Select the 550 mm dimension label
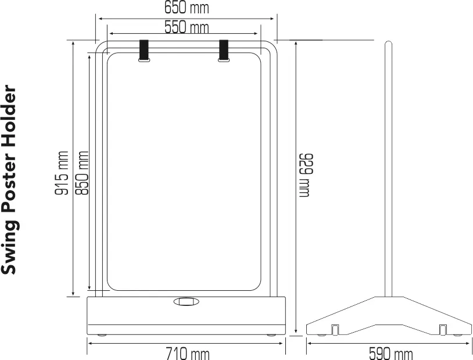click(x=186, y=27)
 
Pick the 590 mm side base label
click(x=390, y=353)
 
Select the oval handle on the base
click(x=186, y=301)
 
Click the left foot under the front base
click(x=102, y=336)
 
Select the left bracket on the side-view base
click(x=335, y=329)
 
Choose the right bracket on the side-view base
click(x=443, y=329)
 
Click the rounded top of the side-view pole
click(x=388, y=44)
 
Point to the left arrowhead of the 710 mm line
click(x=89, y=343)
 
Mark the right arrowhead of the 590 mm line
click(x=470, y=343)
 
